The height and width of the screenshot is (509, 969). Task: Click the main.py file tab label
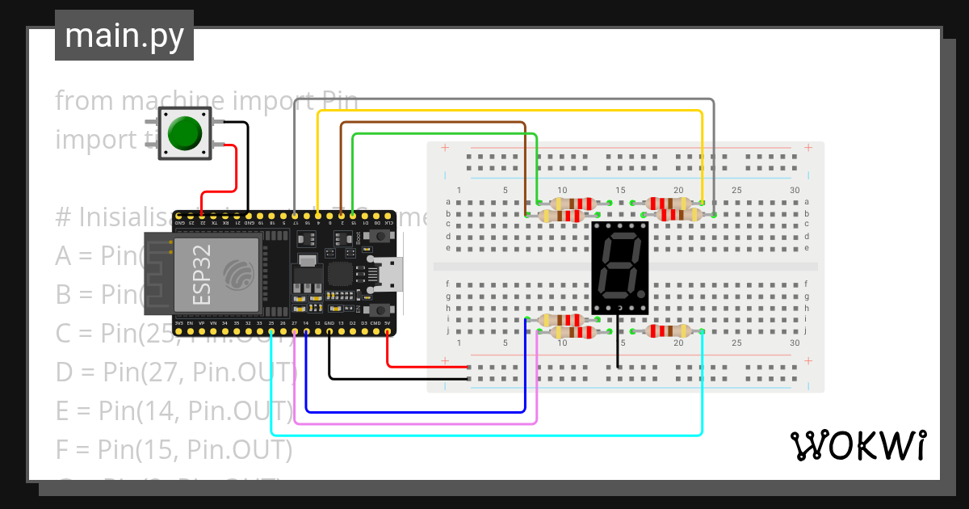point(124,36)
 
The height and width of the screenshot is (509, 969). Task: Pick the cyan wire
point(484,435)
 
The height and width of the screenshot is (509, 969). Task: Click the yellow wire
point(509,111)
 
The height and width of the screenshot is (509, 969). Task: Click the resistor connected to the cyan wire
point(668,330)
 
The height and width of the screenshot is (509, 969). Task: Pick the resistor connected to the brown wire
point(561,215)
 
